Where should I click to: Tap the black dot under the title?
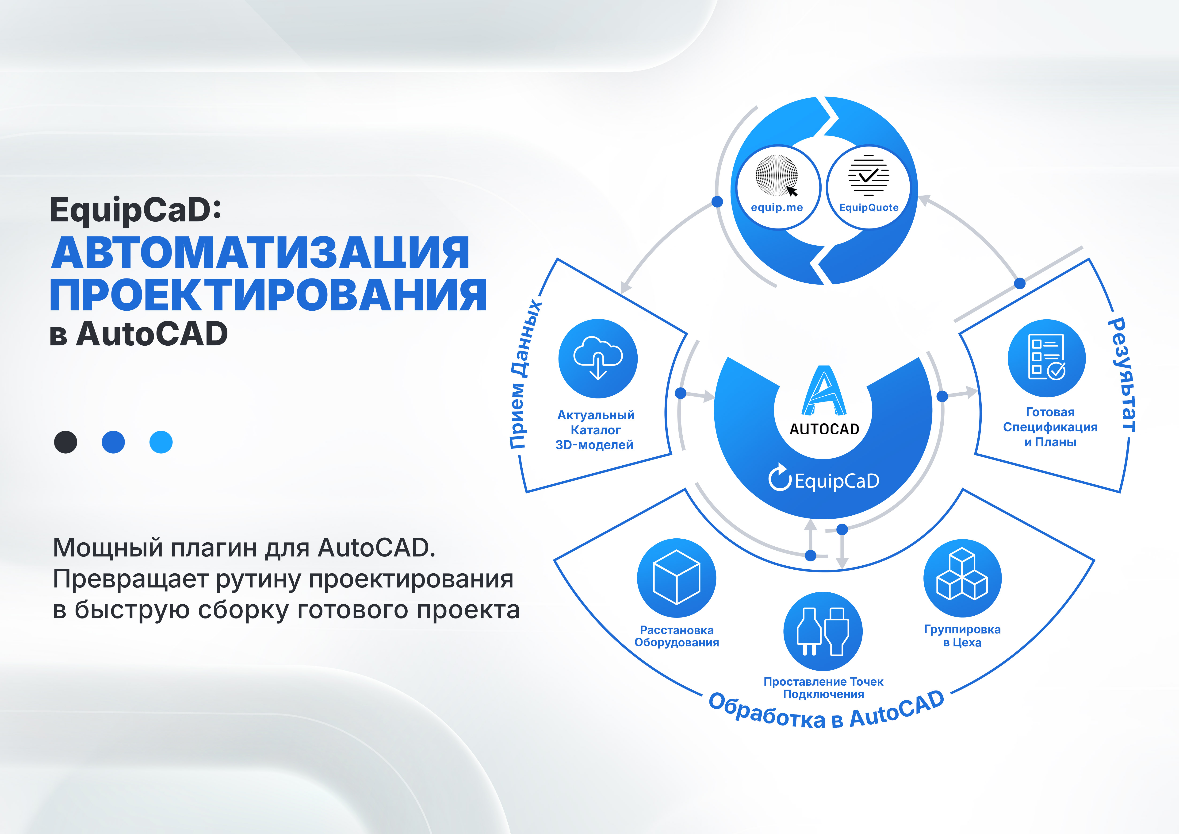tap(66, 442)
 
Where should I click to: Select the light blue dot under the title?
tap(161, 442)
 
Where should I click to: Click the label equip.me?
tap(776, 208)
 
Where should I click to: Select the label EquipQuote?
tap(869, 208)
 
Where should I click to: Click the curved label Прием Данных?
tap(525, 374)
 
